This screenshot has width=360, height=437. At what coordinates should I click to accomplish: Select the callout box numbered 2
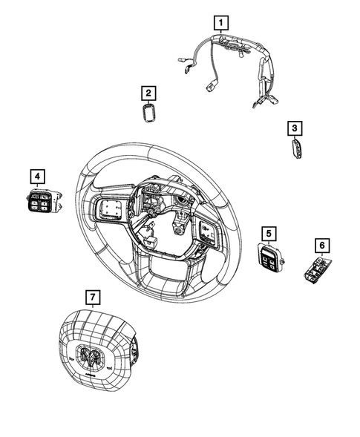[148, 93]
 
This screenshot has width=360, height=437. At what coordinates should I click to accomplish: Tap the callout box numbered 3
[295, 129]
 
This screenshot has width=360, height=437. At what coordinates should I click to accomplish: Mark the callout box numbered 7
[92, 298]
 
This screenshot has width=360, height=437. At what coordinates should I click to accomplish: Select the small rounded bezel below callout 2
[149, 113]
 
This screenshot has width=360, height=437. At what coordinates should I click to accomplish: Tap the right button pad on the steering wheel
[207, 231]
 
